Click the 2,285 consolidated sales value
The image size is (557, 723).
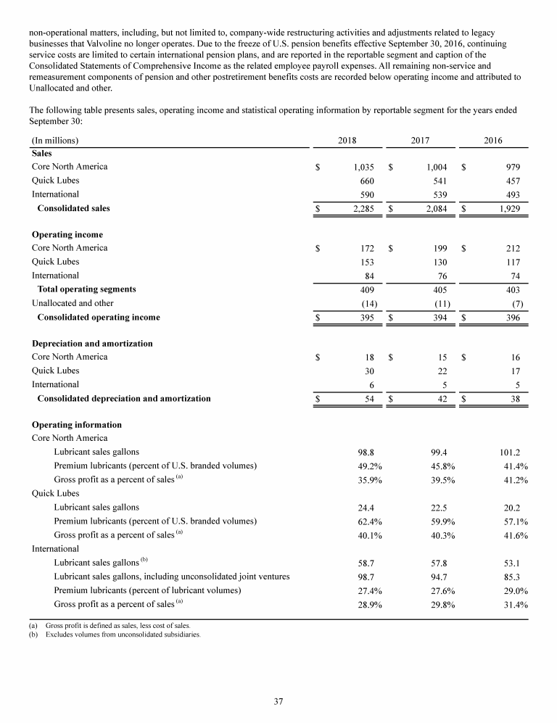[x=360, y=209]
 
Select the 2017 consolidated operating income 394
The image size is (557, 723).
[x=438, y=318]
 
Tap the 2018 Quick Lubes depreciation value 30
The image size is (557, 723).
[x=368, y=371]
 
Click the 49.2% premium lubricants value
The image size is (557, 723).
[x=360, y=466]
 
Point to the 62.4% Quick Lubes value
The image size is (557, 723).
[x=360, y=521]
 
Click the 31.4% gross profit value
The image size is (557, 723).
[x=511, y=604]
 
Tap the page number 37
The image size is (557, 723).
[x=278, y=701]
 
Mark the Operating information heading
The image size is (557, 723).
[x=77, y=424]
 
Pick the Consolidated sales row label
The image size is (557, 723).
[x=73, y=209]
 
